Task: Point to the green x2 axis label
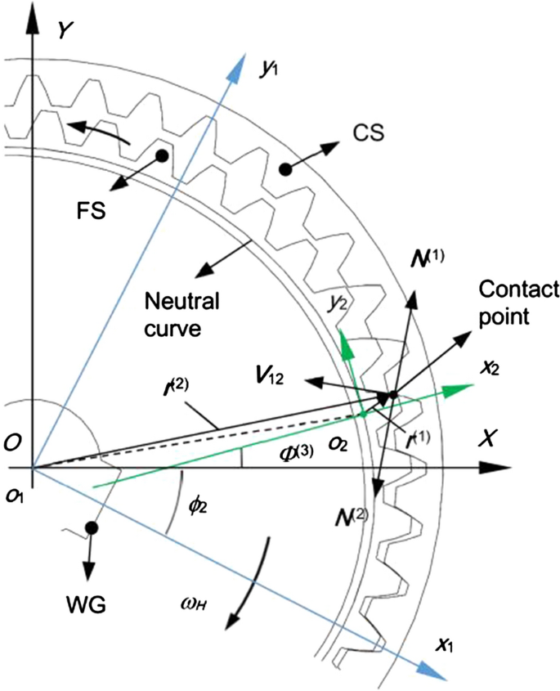(488, 369)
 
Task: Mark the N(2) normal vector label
(352, 517)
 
